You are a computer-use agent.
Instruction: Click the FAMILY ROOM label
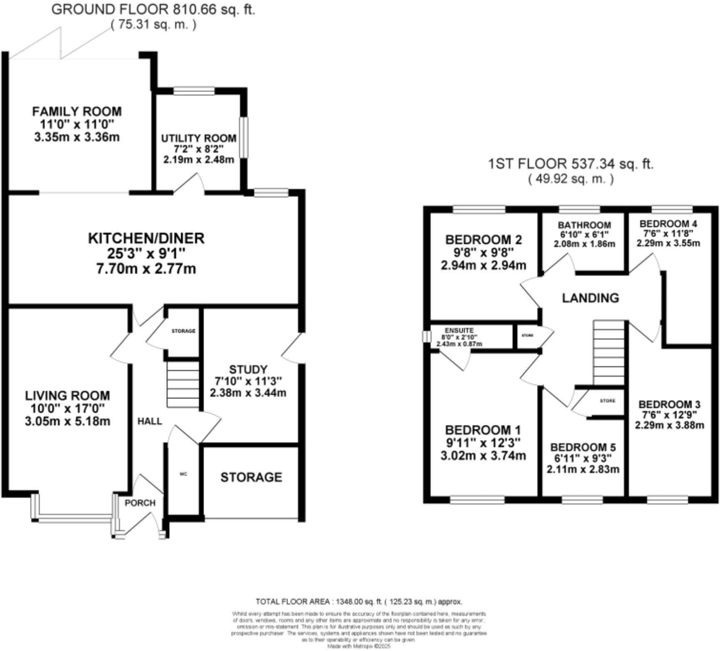77,112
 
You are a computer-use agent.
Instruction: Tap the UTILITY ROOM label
199,138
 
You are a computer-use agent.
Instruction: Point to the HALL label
150,422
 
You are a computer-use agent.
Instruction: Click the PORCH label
140,503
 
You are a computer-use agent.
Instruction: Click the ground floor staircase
183,384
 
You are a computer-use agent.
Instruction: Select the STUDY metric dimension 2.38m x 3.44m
248,392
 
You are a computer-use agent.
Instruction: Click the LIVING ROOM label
67,395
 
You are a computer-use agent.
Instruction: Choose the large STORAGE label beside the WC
251,477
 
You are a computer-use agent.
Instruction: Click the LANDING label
590,298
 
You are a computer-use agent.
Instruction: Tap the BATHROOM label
584,225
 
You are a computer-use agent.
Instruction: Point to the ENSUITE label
459,330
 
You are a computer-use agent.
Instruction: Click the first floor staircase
609,352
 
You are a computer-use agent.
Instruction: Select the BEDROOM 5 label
583,447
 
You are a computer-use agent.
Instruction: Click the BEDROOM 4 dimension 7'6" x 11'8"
668,234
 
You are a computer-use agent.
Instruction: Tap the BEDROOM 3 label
669,404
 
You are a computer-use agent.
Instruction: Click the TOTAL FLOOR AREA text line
359,602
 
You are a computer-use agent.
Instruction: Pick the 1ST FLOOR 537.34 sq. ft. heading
570,164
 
